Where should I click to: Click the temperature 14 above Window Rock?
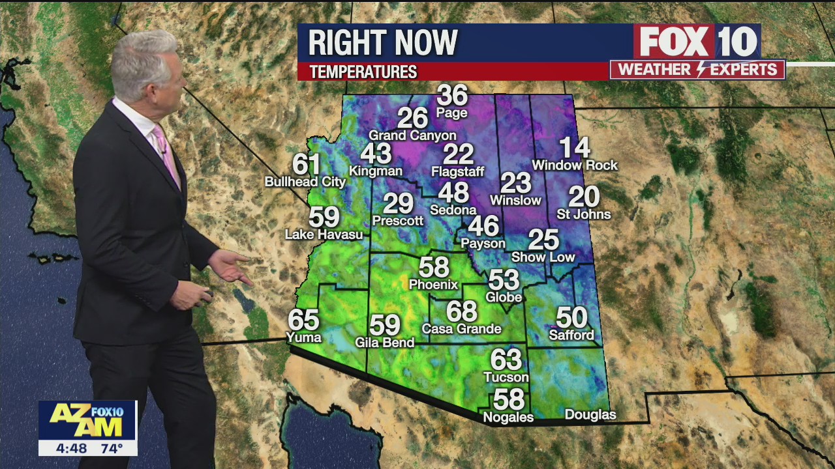574,148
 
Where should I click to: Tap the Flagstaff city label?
458,172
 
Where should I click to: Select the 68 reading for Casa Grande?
462,311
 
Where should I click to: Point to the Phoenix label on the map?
433,285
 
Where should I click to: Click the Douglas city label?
590,415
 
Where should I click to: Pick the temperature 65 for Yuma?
304,320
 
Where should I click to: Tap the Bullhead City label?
305,182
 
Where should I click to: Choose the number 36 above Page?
452,95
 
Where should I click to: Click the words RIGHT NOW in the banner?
383,43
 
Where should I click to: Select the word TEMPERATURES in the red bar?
363,72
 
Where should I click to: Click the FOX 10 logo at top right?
697,42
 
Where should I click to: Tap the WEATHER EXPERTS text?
697,70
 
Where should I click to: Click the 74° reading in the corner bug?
111,448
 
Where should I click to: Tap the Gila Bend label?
384,343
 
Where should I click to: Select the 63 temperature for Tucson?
506,360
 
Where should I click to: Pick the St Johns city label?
583,214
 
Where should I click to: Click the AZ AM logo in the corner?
87,421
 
